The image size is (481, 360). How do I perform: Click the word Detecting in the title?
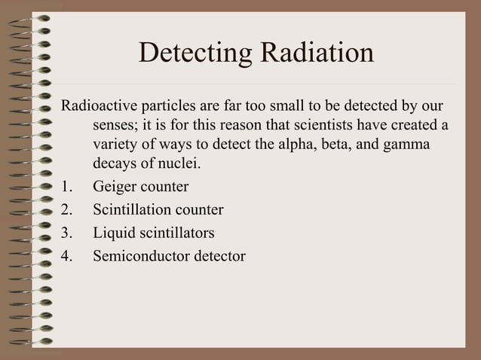[x=195, y=53]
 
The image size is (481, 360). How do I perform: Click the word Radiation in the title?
[x=317, y=53]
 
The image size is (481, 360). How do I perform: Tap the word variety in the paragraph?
[x=114, y=143]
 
